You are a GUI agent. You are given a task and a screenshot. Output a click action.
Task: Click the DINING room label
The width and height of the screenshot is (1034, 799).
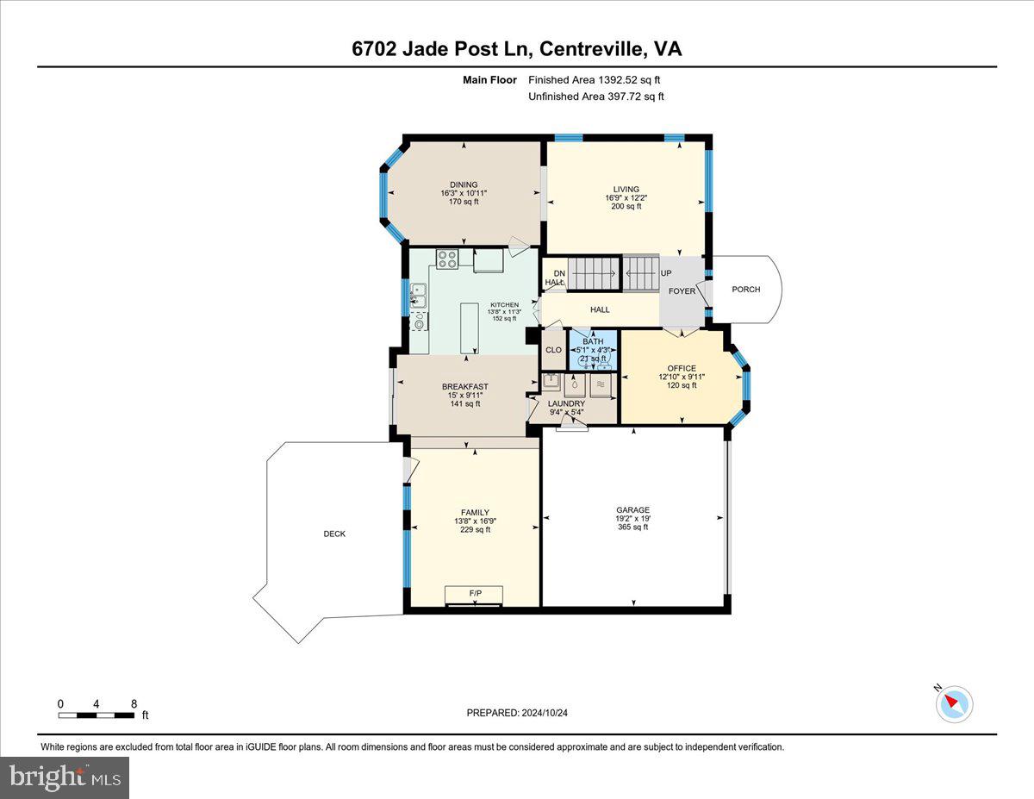pos(463,184)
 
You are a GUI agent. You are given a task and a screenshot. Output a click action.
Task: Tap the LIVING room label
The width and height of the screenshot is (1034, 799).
pos(626,190)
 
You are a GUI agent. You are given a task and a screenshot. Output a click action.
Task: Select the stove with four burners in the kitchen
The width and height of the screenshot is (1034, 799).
pos(446,259)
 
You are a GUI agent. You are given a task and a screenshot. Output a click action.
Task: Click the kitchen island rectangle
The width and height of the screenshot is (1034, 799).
pos(470,328)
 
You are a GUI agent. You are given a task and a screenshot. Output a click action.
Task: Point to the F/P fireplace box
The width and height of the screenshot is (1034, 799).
pos(474,595)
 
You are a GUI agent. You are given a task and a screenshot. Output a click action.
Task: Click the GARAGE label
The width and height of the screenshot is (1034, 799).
pos(632,509)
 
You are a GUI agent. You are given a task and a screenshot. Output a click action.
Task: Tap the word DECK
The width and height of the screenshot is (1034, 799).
pos(334,534)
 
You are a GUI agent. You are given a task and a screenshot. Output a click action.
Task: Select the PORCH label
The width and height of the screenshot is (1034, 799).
pos(746,290)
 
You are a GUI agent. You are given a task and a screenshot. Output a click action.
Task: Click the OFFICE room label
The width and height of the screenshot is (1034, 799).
pos(681,369)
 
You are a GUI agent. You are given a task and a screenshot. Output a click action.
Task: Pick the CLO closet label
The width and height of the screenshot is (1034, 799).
pos(553,350)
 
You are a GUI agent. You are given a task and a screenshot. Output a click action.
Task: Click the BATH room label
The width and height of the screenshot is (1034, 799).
pos(593,342)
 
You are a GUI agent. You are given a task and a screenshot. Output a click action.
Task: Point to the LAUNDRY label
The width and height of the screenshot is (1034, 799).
pos(567,403)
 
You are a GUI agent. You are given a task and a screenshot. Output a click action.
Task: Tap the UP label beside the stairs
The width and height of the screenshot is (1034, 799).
pos(665,273)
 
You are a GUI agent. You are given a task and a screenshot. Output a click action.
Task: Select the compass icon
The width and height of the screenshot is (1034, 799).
pos(954,703)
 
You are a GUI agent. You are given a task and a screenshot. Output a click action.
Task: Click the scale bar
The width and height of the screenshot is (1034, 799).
pos(97,715)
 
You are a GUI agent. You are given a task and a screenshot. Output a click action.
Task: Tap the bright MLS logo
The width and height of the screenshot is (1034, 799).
pos(65,777)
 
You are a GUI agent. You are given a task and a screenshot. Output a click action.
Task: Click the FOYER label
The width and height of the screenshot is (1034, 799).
pos(682,291)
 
